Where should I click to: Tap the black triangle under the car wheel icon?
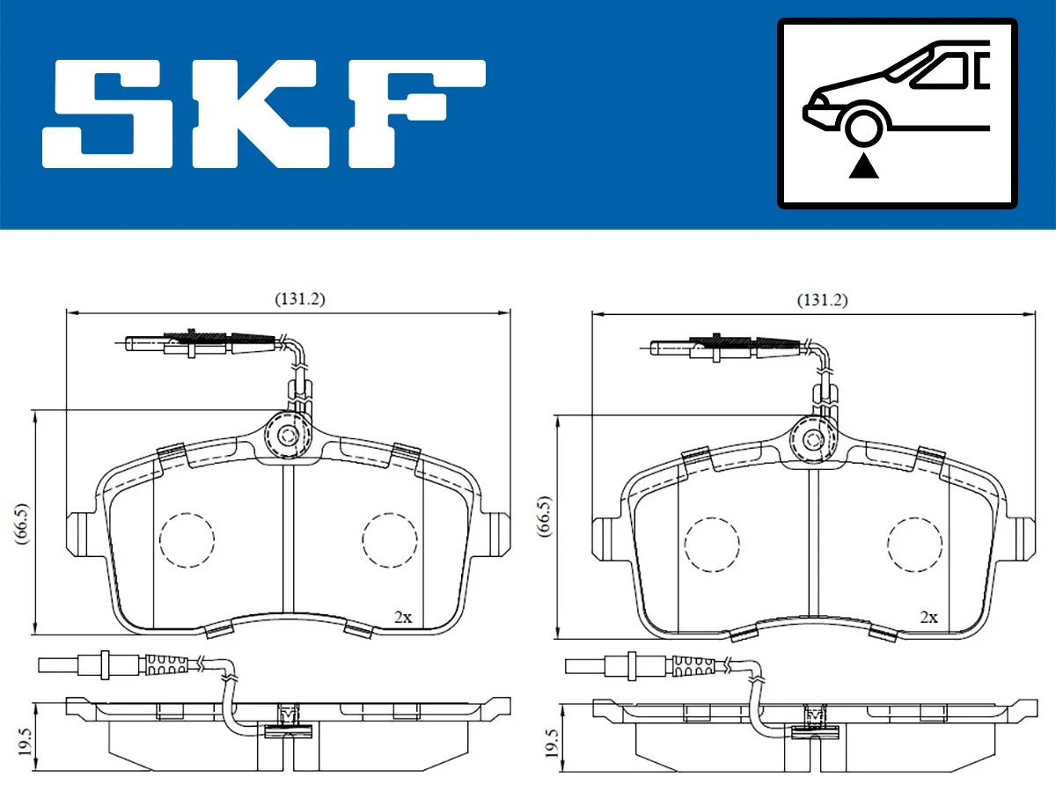point(864,165)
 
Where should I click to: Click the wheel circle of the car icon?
point(864,124)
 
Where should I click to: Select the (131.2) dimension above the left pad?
point(299,299)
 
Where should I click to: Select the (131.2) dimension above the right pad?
point(822,300)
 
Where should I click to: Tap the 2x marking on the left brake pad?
point(402,618)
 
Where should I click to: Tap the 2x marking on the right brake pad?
point(928,618)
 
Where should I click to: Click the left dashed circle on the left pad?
point(187,539)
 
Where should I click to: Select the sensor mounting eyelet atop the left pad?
point(288,435)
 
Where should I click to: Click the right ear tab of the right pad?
point(1024,539)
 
